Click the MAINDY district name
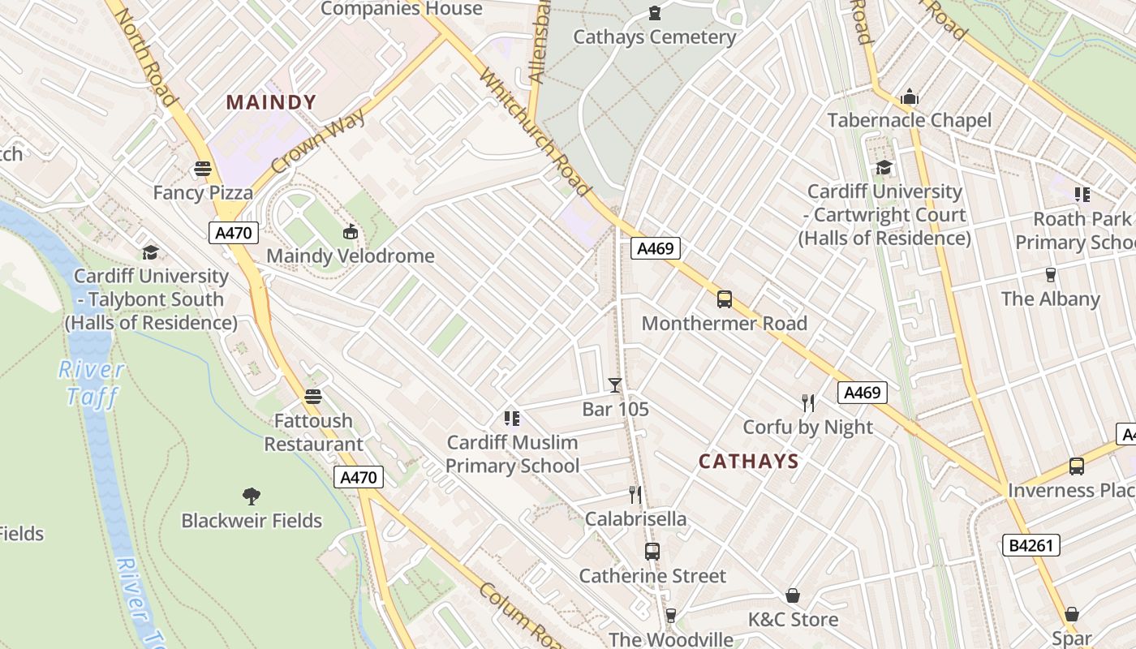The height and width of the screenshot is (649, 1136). coord(271,102)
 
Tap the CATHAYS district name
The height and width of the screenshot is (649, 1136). coord(748,462)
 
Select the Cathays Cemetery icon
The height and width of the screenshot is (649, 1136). coord(654,13)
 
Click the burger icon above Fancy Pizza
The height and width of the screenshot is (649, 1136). coord(203,169)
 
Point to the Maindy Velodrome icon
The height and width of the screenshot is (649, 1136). coord(351,232)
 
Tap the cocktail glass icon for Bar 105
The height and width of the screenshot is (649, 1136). coord(615,385)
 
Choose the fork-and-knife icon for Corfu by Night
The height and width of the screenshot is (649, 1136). coord(807,402)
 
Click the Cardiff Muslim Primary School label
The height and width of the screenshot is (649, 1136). coord(512,453)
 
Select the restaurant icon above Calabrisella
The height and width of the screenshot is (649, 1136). coord(635,494)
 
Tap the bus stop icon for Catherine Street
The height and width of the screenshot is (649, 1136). coord(652,552)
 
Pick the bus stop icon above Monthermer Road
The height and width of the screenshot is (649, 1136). coord(724,299)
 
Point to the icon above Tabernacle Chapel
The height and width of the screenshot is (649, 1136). coord(910,97)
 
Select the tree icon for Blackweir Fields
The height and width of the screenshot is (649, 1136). coord(252,496)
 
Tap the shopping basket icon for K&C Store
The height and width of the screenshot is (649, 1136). coord(792,595)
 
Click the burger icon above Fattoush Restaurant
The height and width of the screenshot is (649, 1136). coord(313,397)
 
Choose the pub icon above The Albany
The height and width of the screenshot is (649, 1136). coord(1050,274)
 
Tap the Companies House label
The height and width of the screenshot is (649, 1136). coord(402,9)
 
